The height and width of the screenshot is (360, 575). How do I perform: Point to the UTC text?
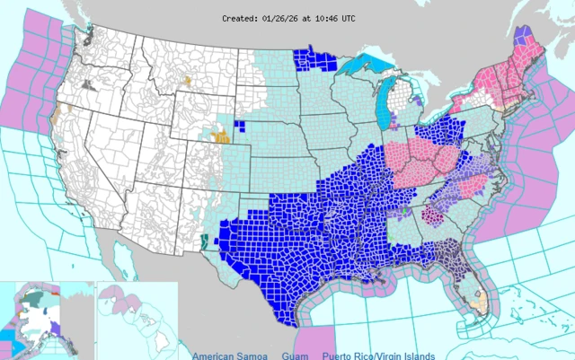tap(361, 17)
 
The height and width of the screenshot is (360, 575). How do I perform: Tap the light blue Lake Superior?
tap(367, 64)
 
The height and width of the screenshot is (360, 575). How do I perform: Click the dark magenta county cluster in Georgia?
tap(433, 215)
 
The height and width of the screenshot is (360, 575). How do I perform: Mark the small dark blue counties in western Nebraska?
tap(240, 125)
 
